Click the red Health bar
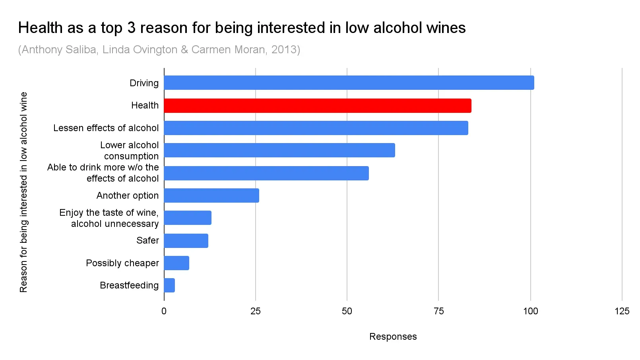point(317,106)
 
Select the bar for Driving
point(349,83)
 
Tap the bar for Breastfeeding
point(169,285)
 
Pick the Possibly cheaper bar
point(176,263)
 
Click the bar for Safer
point(186,241)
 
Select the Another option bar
point(211,195)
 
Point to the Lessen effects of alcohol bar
point(316,128)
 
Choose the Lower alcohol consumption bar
point(279,150)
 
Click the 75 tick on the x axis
point(438,311)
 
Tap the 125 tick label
point(622,311)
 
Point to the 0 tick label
point(164,311)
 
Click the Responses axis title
point(393,337)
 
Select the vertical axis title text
point(23,192)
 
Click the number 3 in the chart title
point(131,28)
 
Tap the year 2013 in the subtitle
point(284,50)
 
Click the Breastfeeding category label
point(129,285)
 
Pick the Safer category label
point(147,240)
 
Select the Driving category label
point(144,83)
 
